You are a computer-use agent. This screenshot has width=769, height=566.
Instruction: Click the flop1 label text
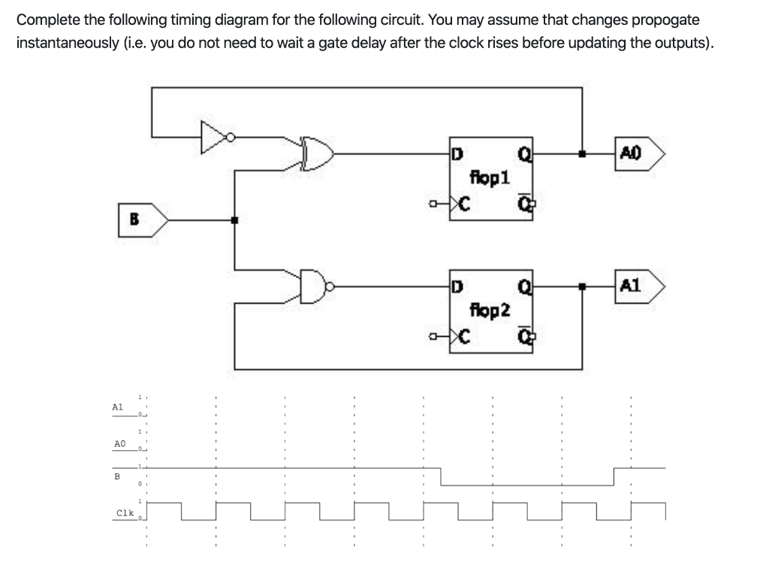click(490, 178)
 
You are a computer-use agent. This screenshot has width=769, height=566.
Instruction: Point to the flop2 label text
click(490, 309)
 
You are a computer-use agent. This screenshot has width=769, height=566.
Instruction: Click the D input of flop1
click(456, 154)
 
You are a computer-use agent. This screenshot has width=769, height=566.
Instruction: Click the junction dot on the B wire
click(235, 220)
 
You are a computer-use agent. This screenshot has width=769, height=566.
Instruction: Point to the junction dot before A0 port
click(582, 155)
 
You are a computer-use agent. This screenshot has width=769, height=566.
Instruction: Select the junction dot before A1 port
click(582, 286)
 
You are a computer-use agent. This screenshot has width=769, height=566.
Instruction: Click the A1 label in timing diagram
click(117, 406)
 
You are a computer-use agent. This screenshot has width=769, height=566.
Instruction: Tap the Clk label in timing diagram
click(124, 513)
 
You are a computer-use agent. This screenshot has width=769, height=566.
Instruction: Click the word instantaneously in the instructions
click(77, 42)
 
